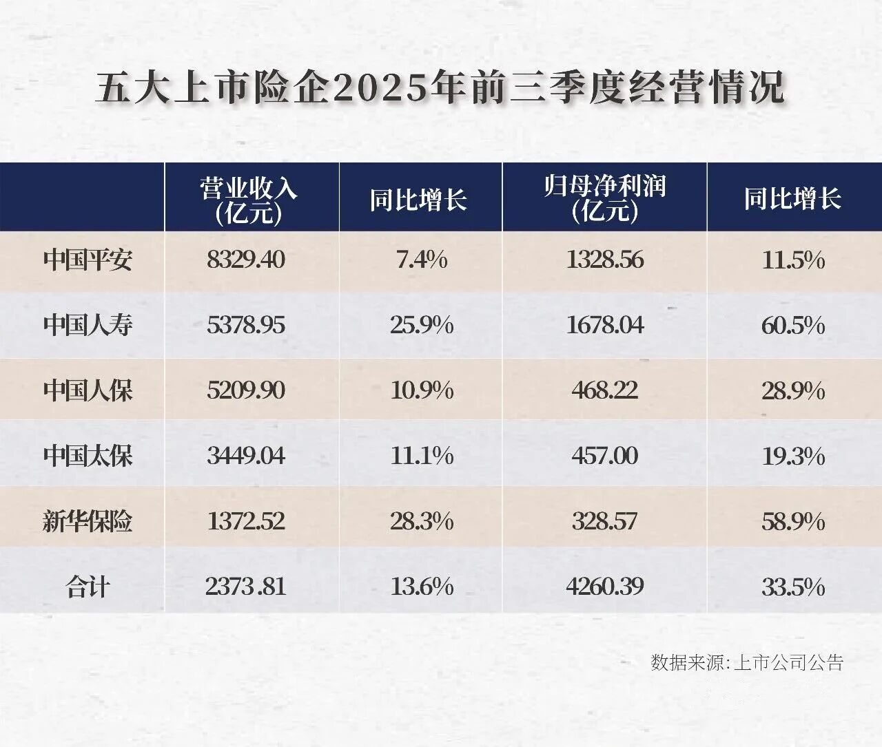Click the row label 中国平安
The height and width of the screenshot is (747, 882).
click(x=88, y=260)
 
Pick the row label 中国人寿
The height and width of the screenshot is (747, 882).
click(x=88, y=325)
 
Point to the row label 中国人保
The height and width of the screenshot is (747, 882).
click(x=88, y=390)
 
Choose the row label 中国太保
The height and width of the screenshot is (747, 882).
click(x=88, y=456)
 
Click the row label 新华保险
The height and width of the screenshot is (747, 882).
click(x=88, y=521)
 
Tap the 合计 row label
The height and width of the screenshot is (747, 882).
click(x=88, y=587)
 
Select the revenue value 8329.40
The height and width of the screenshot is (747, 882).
click(x=246, y=260)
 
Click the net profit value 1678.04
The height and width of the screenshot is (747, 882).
click(x=605, y=325)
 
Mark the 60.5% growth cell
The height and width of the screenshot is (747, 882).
click(x=793, y=325)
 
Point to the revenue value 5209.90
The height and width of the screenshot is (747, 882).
click(x=246, y=390)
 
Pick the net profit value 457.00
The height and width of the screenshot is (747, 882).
click(x=605, y=456)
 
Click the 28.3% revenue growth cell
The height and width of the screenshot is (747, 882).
click(x=422, y=521)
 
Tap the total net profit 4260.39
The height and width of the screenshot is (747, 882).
click(x=605, y=587)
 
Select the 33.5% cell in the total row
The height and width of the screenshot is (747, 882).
click(x=793, y=587)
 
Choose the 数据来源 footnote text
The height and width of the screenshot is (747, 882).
click(x=747, y=663)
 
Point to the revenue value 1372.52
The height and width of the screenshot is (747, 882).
click(x=246, y=521)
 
